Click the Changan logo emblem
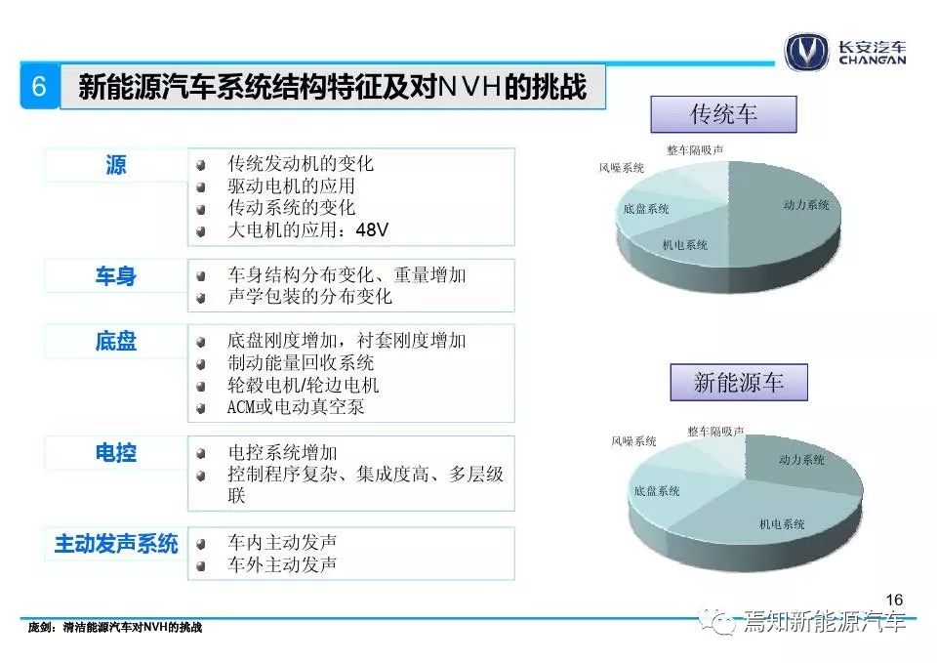[x=806, y=53]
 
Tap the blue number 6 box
[x=39, y=86]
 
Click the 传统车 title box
[x=723, y=113]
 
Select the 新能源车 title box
[x=739, y=382]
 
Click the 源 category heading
[x=115, y=164]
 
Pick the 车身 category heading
[x=115, y=275]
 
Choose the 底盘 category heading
[x=115, y=341]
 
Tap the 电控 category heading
[x=115, y=452]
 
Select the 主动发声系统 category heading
[x=116, y=544]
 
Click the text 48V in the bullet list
[x=372, y=229]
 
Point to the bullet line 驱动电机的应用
[x=291, y=186]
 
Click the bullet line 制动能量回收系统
[x=301, y=362]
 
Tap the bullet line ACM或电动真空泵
[x=296, y=407]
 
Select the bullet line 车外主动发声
[x=282, y=564]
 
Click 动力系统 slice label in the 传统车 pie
[x=806, y=205]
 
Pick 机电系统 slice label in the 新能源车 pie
[x=782, y=524]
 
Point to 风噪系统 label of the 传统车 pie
[x=622, y=168]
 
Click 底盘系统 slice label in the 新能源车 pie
[x=657, y=491]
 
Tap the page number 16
[x=894, y=600]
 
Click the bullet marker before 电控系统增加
[x=201, y=454]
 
